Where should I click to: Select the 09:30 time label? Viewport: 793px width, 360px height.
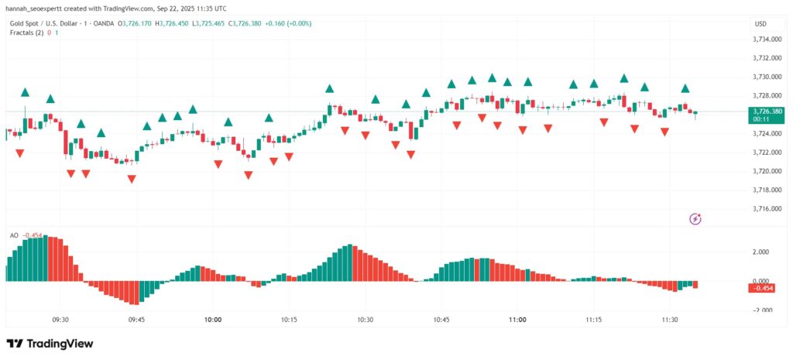[x=60, y=319]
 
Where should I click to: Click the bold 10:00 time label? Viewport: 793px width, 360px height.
[x=213, y=319]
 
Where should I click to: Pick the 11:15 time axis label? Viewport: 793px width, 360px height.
[x=594, y=319]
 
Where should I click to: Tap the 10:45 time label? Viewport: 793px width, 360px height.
[x=441, y=319]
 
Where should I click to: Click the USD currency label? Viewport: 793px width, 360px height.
[x=760, y=24]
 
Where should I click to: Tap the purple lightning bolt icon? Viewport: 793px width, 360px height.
[x=695, y=219]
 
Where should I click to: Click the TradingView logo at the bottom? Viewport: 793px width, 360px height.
[x=50, y=344]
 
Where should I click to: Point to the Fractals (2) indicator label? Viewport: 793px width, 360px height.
[x=26, y=33]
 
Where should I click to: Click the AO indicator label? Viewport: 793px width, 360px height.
[x=14, y=235]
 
